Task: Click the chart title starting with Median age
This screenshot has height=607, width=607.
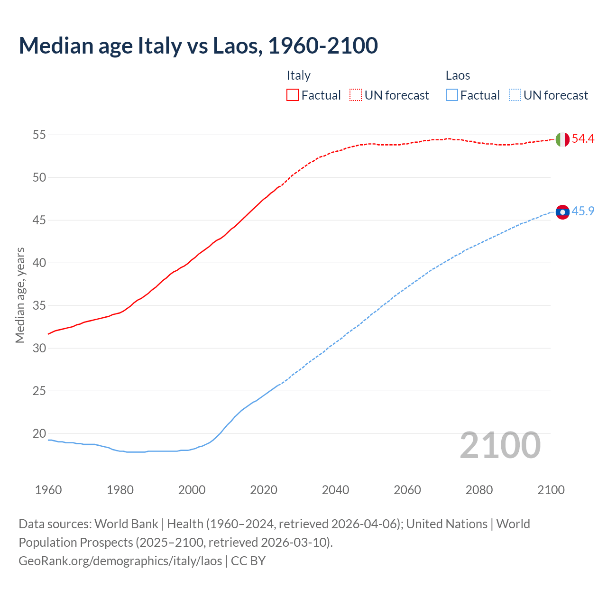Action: point(198,46)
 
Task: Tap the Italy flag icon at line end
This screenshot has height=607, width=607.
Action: point(562,139)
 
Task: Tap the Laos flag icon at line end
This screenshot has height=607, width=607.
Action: point(562,212)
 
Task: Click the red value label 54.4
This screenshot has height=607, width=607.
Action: point(583,139)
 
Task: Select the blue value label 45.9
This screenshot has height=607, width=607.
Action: point(583,212)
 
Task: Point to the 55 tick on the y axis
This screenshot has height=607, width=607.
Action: point(39,135)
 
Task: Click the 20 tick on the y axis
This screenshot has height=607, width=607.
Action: point(39,433)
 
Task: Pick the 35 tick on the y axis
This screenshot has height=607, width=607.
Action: point(39,305)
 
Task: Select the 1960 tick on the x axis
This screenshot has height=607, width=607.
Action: point(48,490)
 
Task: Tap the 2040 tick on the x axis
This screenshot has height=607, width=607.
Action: point(335,490)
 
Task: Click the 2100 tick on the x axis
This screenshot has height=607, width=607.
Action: point(551,490)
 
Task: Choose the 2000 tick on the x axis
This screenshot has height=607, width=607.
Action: point(192,490)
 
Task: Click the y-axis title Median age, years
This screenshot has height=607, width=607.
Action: point(20,295)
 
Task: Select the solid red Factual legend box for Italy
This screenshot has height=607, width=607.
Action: point(293,95)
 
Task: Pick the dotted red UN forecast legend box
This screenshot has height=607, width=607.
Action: point(356,95)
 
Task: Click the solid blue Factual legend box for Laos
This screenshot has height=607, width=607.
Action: point(451,95)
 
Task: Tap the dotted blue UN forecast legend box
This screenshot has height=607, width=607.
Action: point(515,95)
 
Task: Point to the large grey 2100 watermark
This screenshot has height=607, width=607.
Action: point(500,445)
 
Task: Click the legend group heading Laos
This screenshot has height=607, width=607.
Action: point(458,75)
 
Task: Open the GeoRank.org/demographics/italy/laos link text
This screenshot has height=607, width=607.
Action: point(120,561)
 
